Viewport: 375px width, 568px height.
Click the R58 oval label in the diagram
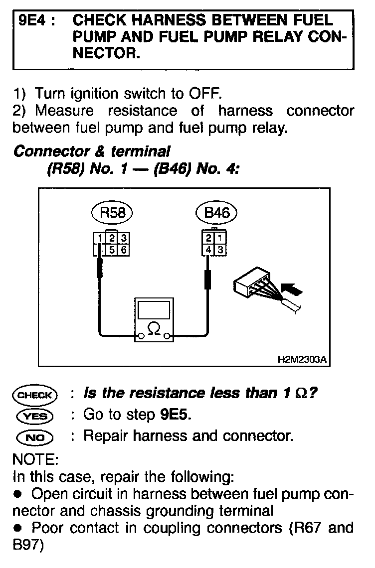click(113, 213)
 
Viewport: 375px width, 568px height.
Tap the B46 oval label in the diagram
click(217, 213)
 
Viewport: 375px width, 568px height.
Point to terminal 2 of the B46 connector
click(208, 238)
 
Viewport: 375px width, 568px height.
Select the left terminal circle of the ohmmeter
click(141, 337)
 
